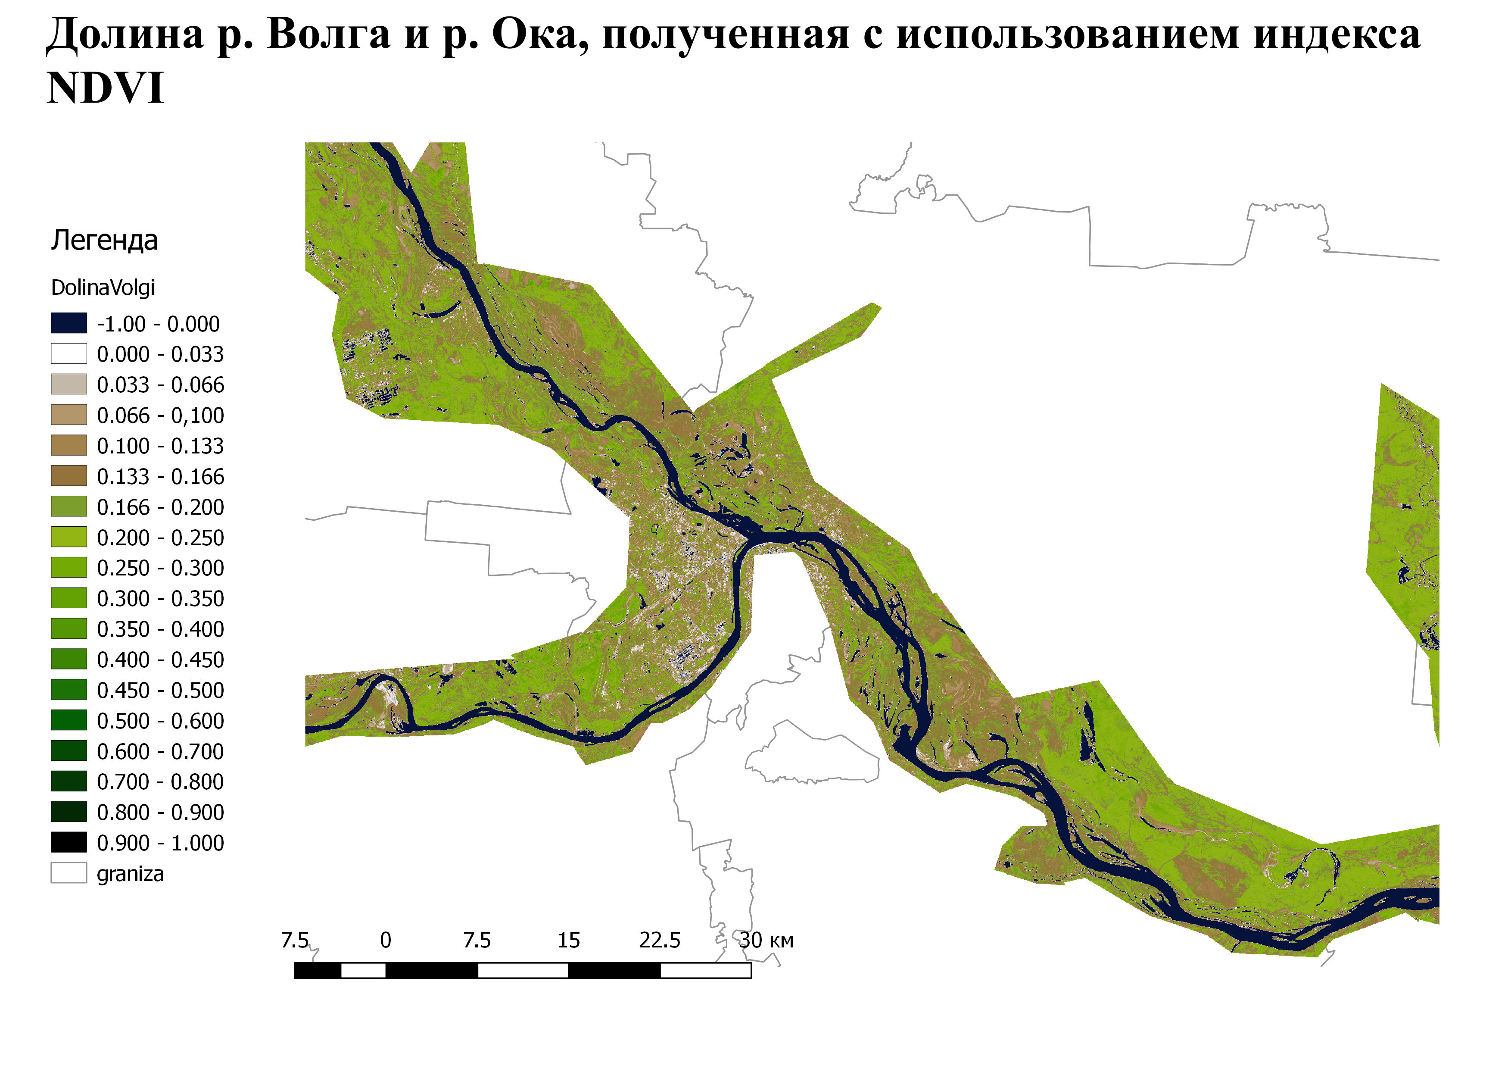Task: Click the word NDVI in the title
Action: click(x=105, y=88)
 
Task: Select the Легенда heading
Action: click(x=104, y=240)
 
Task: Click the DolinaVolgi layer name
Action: click(x=103, y=288)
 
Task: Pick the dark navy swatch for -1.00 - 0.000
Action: click(x=69, y=323)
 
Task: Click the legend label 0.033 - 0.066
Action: click(x=160, y=384)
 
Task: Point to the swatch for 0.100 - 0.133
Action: click(x=69, y=446)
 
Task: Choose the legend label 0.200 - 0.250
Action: click(x=160, y=538)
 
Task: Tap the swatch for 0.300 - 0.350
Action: click(x=69, y=598)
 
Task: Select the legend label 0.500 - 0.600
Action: click(x=160, y=721)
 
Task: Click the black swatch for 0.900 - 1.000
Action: click(x=69, y=843)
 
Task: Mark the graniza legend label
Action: click(x=130, y=874)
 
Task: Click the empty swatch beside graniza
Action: click(x=69, y=873)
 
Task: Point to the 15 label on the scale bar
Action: click(x=569, y=941)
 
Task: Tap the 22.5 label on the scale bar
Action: click(x=659, y=941)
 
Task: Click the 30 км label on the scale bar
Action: click(x=766, y=941)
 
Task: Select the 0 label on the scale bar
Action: click(x=386, y=941)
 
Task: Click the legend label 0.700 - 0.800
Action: click(x=160, y=782)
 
